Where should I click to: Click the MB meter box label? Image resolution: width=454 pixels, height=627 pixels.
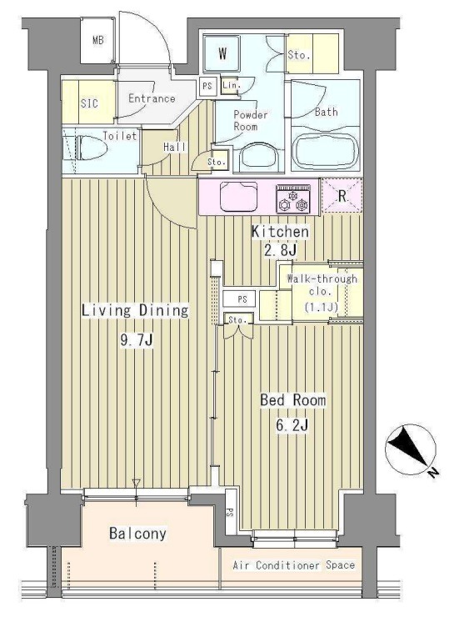click(x=98, y=40)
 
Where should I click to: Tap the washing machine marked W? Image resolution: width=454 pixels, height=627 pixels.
click(x=222, y=53)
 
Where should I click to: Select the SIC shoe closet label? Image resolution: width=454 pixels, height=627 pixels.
click(x=89, y=103)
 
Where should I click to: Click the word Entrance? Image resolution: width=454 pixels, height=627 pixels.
click(x=152, y=98)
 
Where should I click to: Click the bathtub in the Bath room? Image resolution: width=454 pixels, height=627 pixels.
click(x=326, y=153)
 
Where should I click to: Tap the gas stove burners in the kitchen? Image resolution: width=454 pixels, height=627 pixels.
click(x=294, y=198)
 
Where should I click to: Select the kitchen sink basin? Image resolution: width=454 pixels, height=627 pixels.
click(x=238, y=196)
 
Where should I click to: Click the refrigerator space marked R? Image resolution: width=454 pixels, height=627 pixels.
click(x=342, y=196)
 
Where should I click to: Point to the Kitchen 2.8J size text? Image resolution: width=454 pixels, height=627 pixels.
click(x=280, y=251)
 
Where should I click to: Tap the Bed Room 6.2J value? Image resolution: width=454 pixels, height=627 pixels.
click(x=292, y=425)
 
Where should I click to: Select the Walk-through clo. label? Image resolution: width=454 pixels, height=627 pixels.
click(x=322, y=284)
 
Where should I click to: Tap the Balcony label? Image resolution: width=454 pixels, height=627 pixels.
click(x=137, y=534)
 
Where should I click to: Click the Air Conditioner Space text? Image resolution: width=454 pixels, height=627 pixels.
click(x=294, y=565)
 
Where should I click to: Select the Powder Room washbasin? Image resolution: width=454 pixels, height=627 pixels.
click(x=258, y=157)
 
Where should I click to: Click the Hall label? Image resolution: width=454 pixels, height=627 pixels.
click(x=175, y=147)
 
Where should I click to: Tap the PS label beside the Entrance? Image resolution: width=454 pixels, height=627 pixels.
click(x=207, y=86)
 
